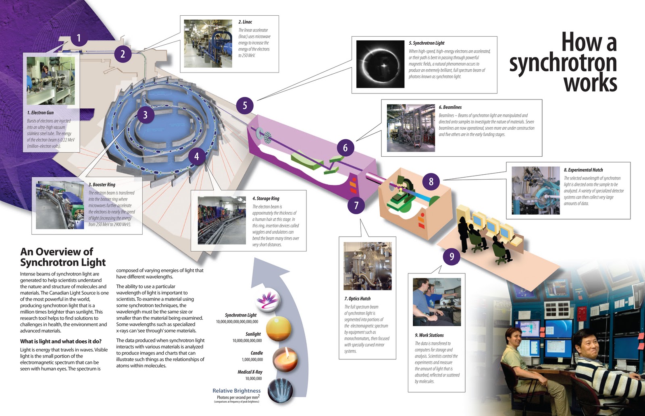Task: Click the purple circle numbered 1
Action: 79,38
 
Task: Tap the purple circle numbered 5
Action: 245,106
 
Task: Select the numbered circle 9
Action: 451,257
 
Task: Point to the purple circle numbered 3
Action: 145,115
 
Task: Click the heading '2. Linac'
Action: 245,22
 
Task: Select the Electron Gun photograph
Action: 50,81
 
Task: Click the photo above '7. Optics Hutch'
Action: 367,266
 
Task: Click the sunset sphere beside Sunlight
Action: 278,329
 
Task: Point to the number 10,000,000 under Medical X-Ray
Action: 254,379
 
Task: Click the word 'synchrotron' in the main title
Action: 563,63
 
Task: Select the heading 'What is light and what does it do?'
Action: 61,341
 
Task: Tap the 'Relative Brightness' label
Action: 237,391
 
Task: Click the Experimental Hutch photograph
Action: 535,190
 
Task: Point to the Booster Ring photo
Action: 60,205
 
